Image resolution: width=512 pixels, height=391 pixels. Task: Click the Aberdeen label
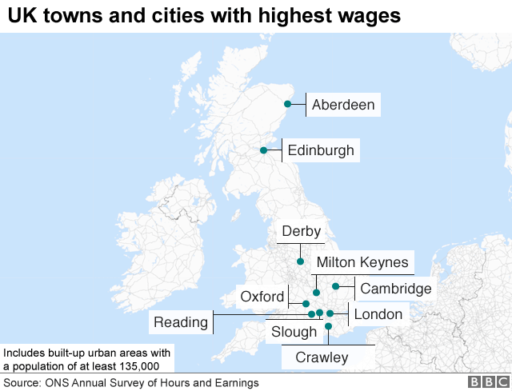343,105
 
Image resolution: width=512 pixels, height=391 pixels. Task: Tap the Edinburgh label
320,150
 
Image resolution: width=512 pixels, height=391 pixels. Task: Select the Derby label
301,232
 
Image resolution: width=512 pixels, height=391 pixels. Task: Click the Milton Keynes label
362,262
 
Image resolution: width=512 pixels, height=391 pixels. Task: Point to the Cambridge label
396,289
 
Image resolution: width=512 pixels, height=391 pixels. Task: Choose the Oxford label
262,297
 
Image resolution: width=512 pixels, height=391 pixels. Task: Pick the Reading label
181,322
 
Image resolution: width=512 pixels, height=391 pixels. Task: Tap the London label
378,314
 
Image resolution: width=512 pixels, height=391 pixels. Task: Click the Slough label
294,332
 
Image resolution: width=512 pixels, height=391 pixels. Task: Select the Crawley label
322,357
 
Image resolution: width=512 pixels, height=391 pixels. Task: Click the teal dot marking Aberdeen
287,104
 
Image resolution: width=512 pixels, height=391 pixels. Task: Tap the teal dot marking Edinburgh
263,150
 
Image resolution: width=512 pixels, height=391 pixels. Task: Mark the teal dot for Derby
300,261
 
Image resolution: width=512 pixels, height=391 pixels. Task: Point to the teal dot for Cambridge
336,286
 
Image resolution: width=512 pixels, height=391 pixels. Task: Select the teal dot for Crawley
328,326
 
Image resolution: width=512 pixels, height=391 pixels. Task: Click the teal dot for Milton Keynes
317,293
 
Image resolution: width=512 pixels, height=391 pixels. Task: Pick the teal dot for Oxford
306,304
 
